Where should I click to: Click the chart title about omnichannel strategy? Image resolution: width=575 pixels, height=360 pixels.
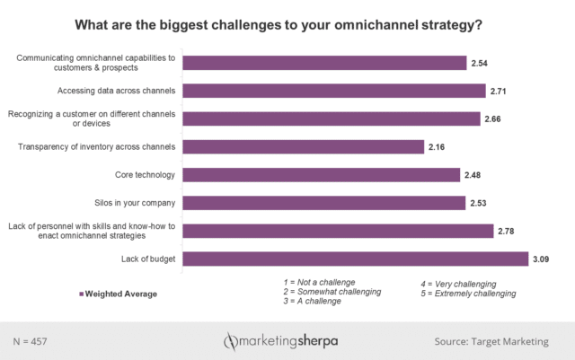[287, 24]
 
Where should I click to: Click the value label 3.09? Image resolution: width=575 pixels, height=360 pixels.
[542, 259]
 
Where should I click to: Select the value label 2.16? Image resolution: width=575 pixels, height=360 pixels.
[438, 146]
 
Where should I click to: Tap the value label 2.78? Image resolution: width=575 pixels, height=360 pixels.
[509, 232]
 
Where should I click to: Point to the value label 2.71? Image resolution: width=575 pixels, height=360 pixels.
[500, 91]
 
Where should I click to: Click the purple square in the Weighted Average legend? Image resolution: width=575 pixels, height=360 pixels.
[81, 293]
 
